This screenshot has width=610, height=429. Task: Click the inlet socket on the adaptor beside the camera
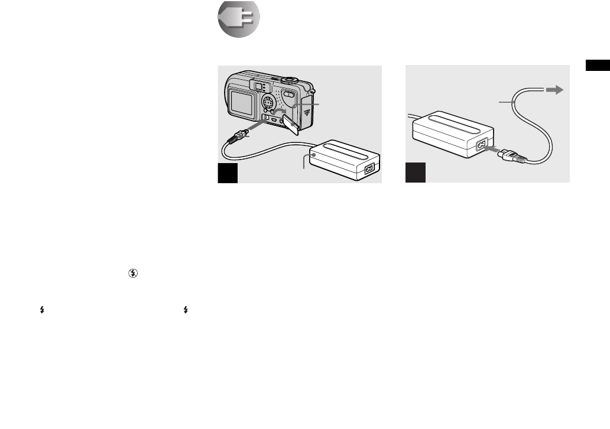pyautogui.click(x=370, y=168)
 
